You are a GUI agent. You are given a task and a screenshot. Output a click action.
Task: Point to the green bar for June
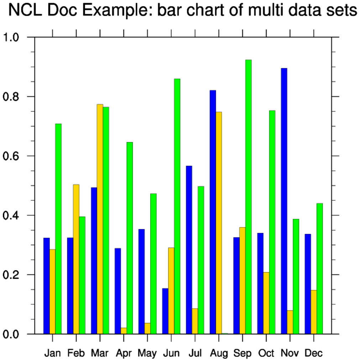coord(177,206)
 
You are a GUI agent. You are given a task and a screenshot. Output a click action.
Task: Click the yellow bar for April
coord(124,331)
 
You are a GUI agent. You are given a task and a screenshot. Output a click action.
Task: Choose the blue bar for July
coord(189,250)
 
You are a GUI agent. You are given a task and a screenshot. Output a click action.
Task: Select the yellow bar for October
coord(266,303)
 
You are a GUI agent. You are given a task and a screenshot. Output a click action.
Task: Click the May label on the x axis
coord(147,353)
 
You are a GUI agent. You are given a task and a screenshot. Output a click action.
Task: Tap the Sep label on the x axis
coord(242,353)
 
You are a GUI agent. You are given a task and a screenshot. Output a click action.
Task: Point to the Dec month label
coord(314,353)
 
